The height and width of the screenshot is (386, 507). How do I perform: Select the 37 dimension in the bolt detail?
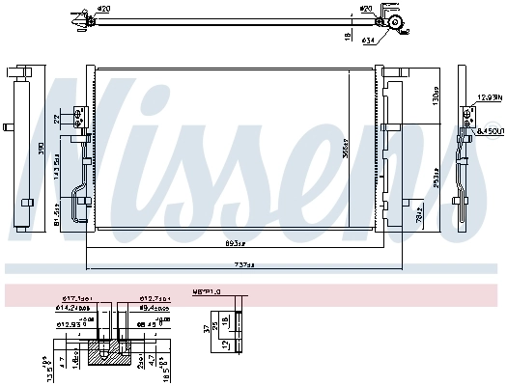click(206, 328)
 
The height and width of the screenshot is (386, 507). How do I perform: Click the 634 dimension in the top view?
click(369, 41)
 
